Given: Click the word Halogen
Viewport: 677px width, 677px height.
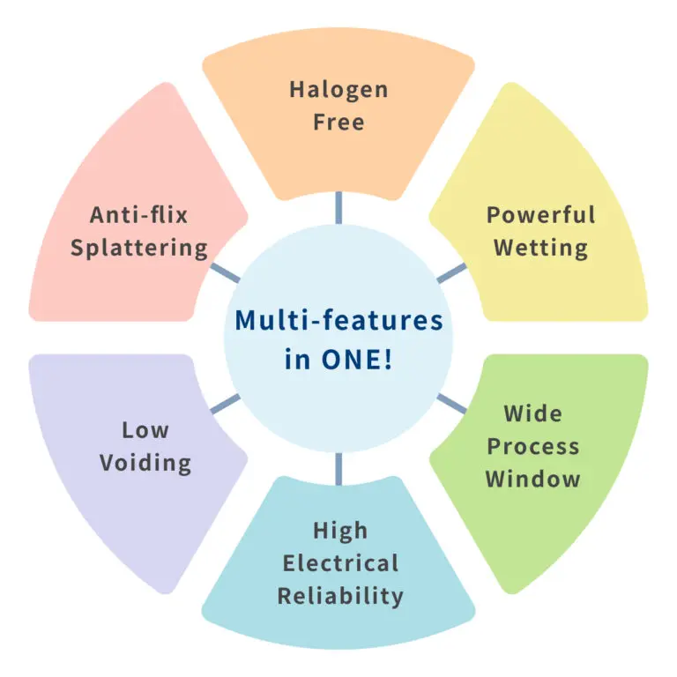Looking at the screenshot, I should [338, 90].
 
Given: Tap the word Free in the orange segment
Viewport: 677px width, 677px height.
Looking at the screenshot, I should [338, 122].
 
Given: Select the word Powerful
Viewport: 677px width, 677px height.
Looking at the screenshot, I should [540, 215].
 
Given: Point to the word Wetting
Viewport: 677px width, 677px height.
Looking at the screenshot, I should [540, 247].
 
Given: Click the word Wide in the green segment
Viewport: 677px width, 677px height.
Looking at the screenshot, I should [532, 413].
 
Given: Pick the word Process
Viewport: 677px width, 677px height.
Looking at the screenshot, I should [532, 445].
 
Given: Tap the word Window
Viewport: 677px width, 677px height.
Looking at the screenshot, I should [532, 479].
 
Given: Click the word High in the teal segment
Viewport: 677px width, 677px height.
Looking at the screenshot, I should [339, 531].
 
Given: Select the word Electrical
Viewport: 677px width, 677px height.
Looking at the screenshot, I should [339, 563].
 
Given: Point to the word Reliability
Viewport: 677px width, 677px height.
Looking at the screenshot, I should [339, 596].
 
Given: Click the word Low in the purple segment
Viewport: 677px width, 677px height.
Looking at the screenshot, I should [145, 430].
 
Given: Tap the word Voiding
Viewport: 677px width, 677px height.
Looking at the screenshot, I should [145, 463].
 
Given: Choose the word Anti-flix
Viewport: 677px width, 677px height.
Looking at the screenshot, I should [139, 215].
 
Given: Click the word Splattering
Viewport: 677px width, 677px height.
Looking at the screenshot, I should [139, 247].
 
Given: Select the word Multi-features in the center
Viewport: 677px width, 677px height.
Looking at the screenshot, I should [338, 321].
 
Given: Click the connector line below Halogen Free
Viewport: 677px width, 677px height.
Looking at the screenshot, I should [338, 209].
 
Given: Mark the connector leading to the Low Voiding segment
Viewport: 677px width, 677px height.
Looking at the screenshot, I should [225, 405].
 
